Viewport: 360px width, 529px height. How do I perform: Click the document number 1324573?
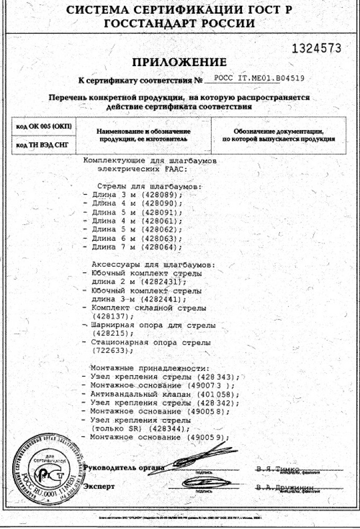point(317,49)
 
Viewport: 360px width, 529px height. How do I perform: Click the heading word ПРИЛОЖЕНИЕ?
point(179,62)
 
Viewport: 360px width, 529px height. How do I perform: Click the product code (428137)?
point(109,316)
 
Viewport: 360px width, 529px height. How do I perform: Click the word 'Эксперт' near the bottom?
point(99,486)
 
